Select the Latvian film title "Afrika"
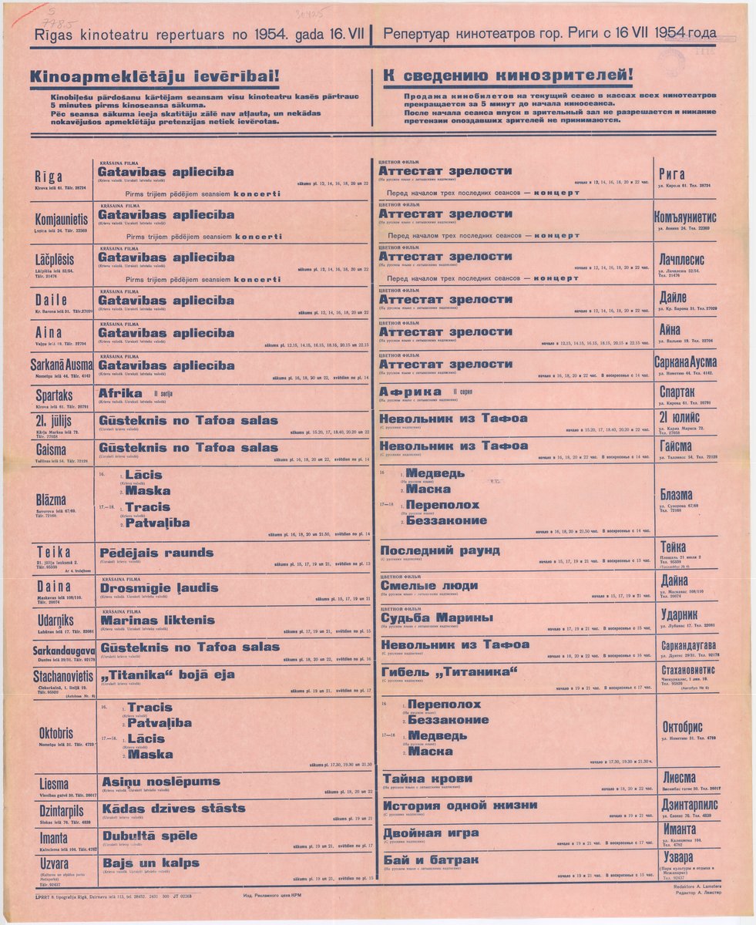[120, 393]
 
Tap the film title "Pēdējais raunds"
[156, 553]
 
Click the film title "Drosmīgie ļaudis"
[159, 587]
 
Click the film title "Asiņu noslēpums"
[160, 781]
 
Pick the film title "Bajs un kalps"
[150, 863]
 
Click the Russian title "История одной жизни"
[460, 806]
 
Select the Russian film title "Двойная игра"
[431, 833]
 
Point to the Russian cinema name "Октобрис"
[682, 727]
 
